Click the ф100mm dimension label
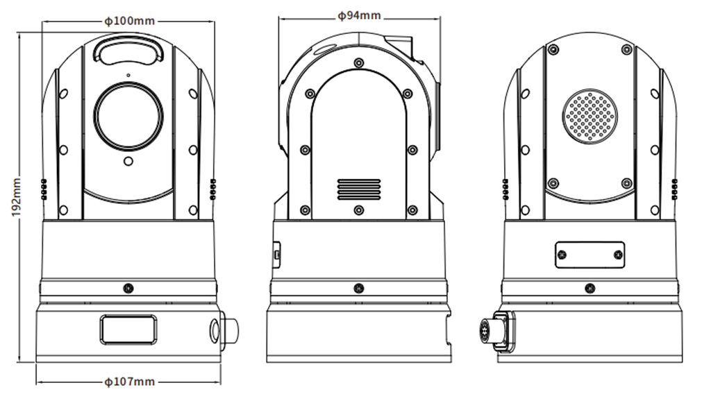click(129, 21)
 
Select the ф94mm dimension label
click(359, 16)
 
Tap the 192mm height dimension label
click(16, 197)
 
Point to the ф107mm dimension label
click(129, 382)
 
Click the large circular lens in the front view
click(128, 117)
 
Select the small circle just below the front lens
click(128, 161)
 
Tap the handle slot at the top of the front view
click(128, 50)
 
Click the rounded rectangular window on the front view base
click(128, 330)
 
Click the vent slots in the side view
click(358, 190)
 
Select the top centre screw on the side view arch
click(358, 62)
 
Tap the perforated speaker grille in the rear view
click(590, 117)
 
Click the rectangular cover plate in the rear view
click(590, 255)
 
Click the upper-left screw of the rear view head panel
click(553, 49)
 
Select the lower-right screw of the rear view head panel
click(627, 183)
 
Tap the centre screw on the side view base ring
click(358, 288)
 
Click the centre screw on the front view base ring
click(128, 288)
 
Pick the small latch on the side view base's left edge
click(277, 255)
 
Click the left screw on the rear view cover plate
click(562, 255)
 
